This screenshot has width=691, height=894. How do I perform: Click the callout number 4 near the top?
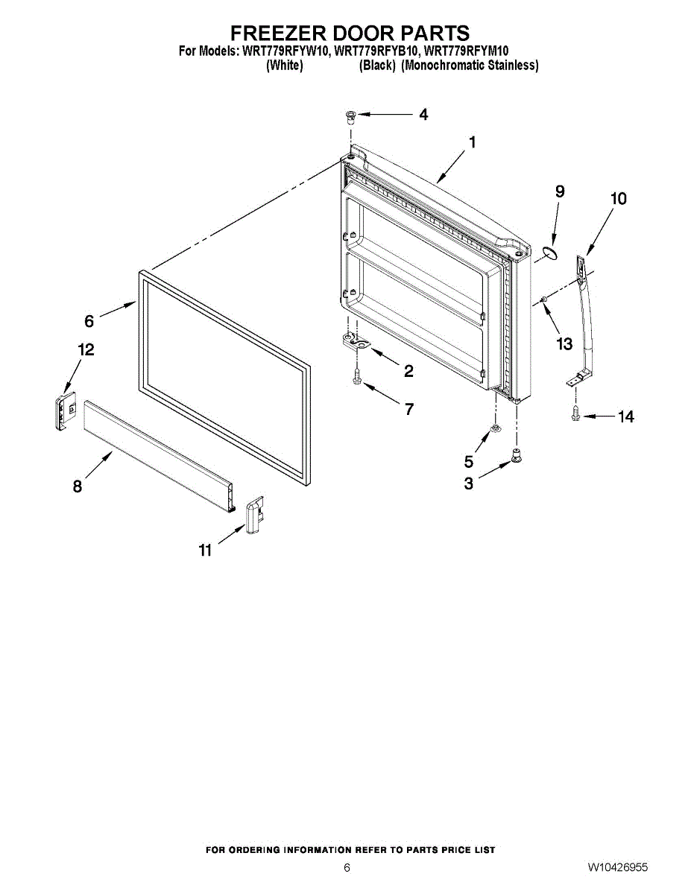pos(423,115)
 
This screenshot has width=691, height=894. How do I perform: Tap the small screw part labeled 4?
pos(350,115)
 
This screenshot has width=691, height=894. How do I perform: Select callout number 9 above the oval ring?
pos(560,191)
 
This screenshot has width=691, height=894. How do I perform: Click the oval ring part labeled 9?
pos(550,255)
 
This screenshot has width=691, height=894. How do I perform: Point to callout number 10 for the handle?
pos(618,199)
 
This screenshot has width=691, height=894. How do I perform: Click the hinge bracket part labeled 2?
pos(356,343)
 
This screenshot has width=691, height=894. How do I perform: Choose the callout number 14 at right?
pos(625,417)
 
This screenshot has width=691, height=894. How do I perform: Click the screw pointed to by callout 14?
pos(575,413)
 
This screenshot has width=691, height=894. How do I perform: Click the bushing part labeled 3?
pos(515,454)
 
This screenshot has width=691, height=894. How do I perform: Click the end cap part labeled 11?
pos(253,514)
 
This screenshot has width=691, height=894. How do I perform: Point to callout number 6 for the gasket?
pos(89,321)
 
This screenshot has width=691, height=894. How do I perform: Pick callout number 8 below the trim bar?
pos(78,486)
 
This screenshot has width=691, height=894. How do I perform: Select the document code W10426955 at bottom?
pos(617,867)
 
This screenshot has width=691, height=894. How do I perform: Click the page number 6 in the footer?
pos(347,867)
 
